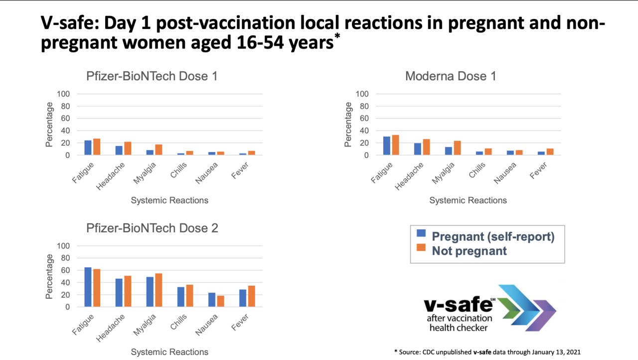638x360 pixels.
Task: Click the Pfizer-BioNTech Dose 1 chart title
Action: coord(152,76)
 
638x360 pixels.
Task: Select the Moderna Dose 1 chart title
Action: coord(451,76)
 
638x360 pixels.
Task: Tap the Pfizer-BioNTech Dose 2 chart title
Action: coord(152,228)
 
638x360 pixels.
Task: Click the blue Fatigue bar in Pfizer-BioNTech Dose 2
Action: coord(88,287)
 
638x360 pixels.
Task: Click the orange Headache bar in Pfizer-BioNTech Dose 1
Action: coord(128,149)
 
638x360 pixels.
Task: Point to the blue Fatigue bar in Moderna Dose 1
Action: coord(387,146)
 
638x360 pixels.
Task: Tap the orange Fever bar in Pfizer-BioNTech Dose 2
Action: coord(251,296)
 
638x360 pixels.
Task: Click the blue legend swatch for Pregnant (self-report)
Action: coord(421,233)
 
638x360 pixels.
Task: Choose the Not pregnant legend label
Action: coord(469,251)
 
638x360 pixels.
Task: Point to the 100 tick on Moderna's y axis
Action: coord(362,94)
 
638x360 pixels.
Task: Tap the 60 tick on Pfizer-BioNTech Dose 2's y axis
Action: coord(65,270)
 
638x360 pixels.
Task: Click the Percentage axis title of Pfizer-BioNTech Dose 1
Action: coord(49,125)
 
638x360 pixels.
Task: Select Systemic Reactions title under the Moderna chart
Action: coord(468,200)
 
